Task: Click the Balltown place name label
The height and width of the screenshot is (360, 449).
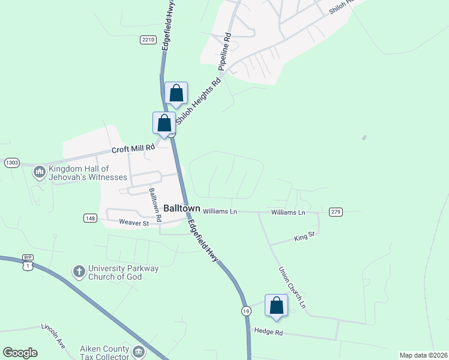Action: (182, 208)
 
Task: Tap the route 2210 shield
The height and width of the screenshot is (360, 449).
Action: (148, 40)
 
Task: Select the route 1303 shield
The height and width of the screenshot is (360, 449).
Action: (12, 163)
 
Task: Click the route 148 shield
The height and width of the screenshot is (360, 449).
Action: (90, 218)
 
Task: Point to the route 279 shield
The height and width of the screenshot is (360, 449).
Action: (336, 212)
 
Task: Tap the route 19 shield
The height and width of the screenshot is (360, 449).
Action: (246, 310)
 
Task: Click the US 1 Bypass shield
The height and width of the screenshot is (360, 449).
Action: (27, 262)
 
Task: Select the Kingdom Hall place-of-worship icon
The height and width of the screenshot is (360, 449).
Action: (40, 173)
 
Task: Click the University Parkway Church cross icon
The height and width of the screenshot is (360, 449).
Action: (79, 272)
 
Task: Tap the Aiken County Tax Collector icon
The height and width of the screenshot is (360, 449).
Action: (139, 352)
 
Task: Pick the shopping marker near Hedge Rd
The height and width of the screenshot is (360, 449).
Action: (276, 305)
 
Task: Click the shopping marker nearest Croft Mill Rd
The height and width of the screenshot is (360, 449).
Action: (164, 123)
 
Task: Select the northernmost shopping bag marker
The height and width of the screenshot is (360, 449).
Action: (176, 93)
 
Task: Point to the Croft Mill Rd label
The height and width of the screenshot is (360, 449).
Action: (133, 149)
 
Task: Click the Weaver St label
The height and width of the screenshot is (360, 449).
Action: (134, 223)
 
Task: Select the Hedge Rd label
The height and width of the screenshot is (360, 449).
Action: (268, 331)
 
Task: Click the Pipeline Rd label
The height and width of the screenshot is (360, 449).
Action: (225, 52)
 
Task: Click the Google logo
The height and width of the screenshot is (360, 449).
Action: (20, 352)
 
